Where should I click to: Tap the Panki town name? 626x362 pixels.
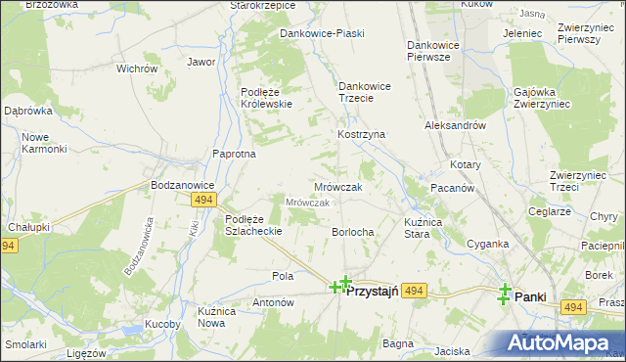(530, 296)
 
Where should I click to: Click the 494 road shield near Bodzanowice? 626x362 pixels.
(202, 200)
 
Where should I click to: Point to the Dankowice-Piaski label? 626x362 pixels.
(322, 33)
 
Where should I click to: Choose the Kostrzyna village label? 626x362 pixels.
(362, 134)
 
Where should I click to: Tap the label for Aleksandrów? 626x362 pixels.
(456, 126)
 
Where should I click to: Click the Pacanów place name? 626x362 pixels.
(453, 187)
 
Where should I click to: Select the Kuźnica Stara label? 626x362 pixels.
(430, 229)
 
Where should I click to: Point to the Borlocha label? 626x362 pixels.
(352, 232)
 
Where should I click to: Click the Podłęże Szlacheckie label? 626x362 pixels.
(253, 225)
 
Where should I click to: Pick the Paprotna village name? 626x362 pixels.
(235, 154)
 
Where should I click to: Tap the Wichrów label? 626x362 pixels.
(137, 69)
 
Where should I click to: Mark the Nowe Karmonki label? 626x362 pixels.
(44, 143)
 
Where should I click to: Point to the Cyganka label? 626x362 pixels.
(487, 244)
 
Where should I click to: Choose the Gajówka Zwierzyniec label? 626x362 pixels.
(540, 99)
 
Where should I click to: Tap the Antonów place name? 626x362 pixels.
(274, 303)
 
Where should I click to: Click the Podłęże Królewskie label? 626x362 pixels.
(266, 98)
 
